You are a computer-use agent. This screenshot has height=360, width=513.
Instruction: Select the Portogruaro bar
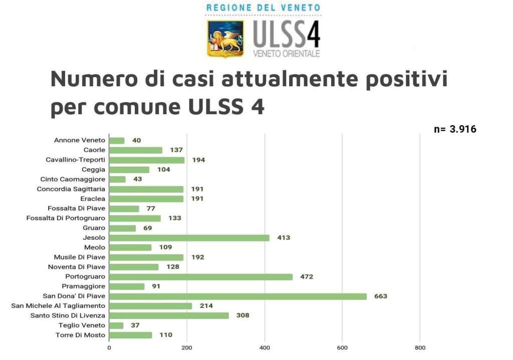click(x=200, y=276)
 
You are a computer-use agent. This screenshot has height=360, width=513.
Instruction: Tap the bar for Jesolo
click(x=189, y=238)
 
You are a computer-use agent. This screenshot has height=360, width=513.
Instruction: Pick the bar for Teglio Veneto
click(x=116, y=325)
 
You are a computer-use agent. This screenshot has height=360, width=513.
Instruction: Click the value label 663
click(x=381, y=296)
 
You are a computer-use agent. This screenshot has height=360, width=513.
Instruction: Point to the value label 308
click(x=242, y=315)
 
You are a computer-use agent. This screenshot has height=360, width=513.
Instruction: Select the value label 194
click(x=198, y=160)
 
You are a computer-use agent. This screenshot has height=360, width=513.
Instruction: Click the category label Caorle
click(x=94, y=150)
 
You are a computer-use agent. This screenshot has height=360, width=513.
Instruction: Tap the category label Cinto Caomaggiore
click(x=73, y=179)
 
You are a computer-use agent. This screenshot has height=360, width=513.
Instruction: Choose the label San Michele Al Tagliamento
click(x=58, y=306)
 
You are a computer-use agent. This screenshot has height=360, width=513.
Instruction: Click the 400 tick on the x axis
click(x=265, y=347)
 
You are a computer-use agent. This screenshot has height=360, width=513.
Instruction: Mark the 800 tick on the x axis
click(x=420, y=347)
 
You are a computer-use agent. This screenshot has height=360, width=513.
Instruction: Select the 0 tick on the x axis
click(x=109, y=347)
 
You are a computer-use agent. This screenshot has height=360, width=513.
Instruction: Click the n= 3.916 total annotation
click(x=454, y=129)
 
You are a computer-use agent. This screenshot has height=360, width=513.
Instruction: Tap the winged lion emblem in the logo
click(x=225, y=39)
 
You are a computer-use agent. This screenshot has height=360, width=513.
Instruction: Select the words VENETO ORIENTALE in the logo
click(x=287, y=54)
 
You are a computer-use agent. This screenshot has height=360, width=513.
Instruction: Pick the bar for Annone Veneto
click(x=117, y=141)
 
